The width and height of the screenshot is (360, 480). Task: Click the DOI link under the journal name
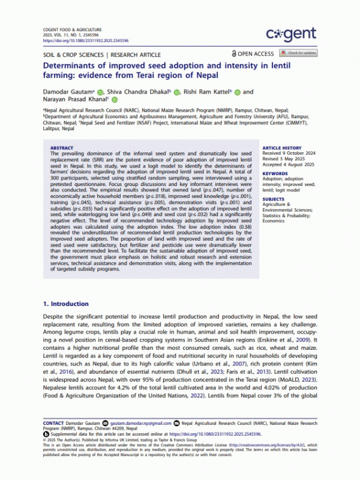(x=77, y=41)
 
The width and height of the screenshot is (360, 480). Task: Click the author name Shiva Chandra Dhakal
(x=137, y=92)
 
